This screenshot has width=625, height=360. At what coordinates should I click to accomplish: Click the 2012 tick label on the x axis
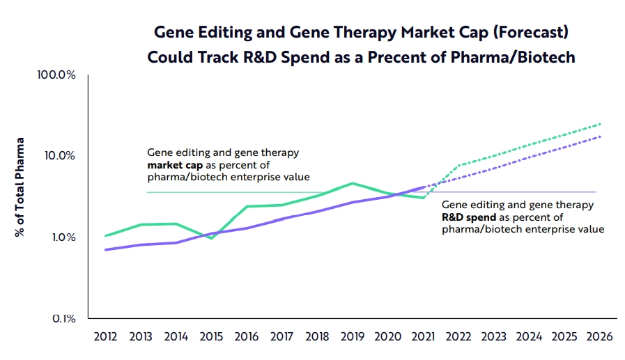(x=105, y=336)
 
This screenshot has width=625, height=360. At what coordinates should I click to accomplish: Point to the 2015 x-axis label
(x=211, y=336)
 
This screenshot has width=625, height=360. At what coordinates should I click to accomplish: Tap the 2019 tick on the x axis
(x=353, y=336)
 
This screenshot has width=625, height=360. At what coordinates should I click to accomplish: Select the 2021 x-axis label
(x=423, y=336)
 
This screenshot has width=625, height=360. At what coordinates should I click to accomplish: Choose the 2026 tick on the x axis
(x=599, y=336)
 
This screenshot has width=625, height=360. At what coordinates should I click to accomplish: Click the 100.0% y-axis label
(x=56, y=75)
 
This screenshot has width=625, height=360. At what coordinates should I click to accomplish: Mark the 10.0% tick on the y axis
(x=59, y=156)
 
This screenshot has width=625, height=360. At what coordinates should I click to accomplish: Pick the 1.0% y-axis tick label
(x=62, y=237)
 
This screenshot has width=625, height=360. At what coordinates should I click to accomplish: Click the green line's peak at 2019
(x=353, y=183)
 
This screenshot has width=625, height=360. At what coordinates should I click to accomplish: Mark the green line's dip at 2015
(x=211, y=238)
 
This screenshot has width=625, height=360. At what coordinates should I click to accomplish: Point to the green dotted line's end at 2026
(x=599, y=124)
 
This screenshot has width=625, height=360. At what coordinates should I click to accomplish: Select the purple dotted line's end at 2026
(x=599, y=136)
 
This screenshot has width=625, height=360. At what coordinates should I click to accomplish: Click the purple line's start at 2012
(x=105, y=249)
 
